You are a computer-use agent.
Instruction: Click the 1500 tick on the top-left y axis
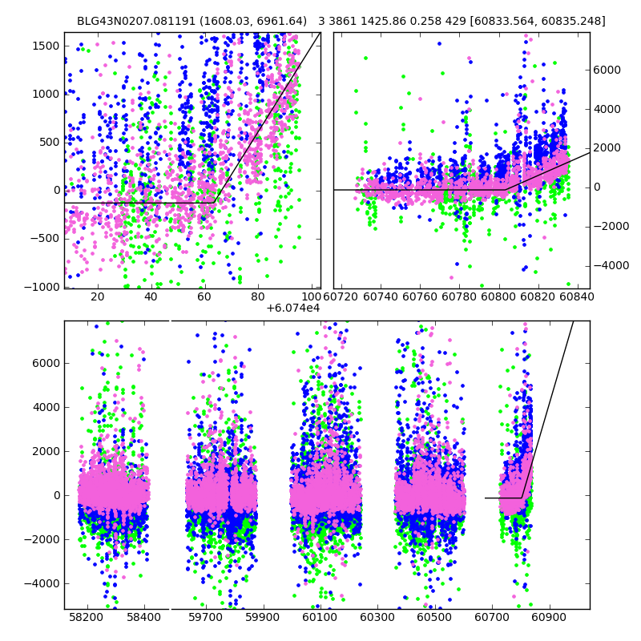pyautogui.click(x=46, y=46)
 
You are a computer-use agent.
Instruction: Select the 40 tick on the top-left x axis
pyautogui.click(x=151, y=297)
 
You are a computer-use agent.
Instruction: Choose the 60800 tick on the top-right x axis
pyautogui.click(x=499, y=297)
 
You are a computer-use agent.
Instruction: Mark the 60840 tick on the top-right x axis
pyautogui.click(x=574, y=297)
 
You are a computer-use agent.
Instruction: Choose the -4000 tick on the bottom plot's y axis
pyautogui.click(x=46, y=583)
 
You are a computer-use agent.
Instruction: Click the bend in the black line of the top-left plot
pyautogui.click(x=214, y=203)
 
